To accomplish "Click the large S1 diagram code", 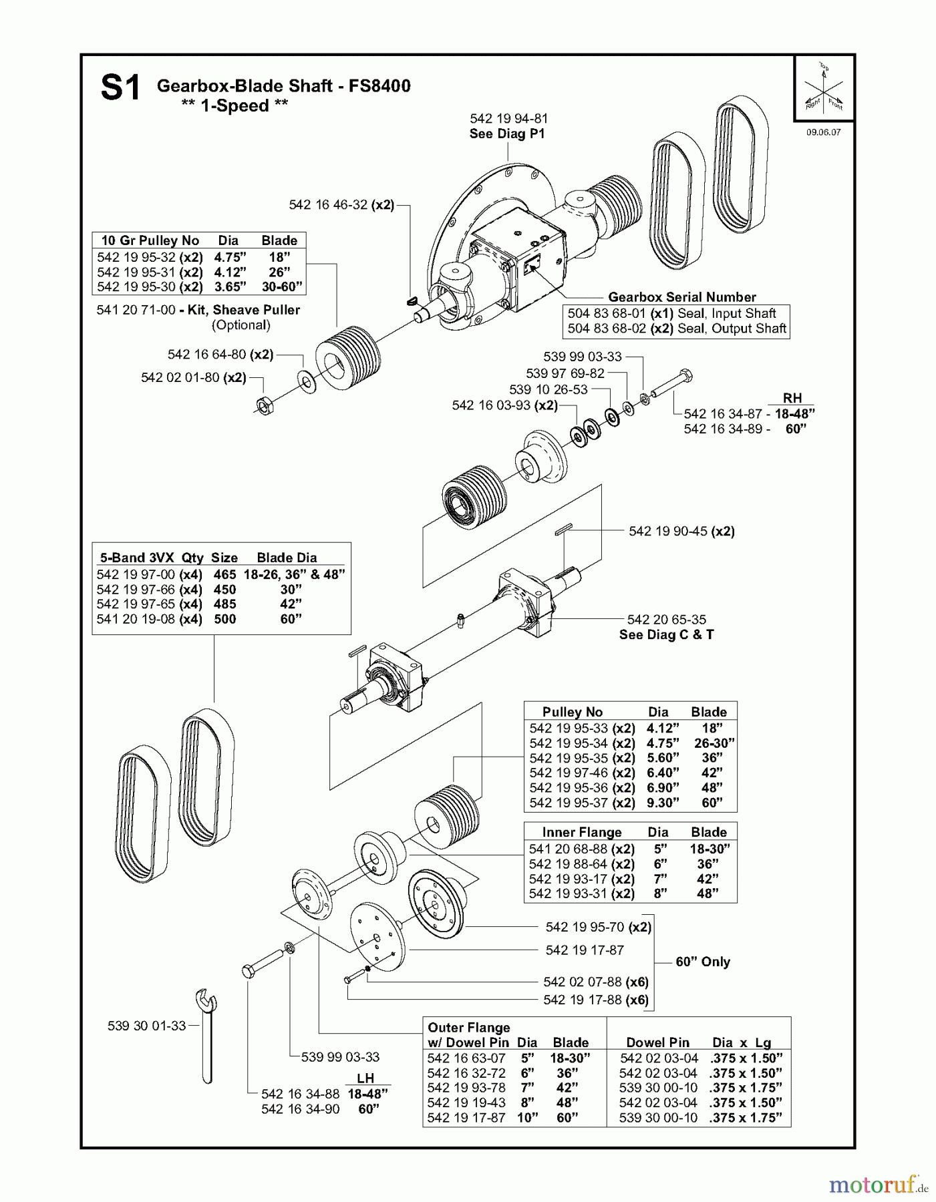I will click(x=121, y=89).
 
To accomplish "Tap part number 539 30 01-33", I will click(x=146, y=1026).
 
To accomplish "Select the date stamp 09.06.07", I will click(x=823, y=132).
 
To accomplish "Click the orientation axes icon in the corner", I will click(x=824, y=89).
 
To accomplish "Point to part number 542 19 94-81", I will click(x=508, y=119).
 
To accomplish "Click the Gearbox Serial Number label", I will click(x=681, y=297).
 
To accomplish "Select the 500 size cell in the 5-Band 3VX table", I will click(x=224, y=619).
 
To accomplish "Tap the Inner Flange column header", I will click(x=581, y=832).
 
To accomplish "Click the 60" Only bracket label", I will click(x=702, y=962).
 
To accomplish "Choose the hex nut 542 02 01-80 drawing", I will click(x=263, y=405).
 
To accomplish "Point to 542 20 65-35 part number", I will click(x=666, y=620).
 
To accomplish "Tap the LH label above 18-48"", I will click(x=365, y=1078).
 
